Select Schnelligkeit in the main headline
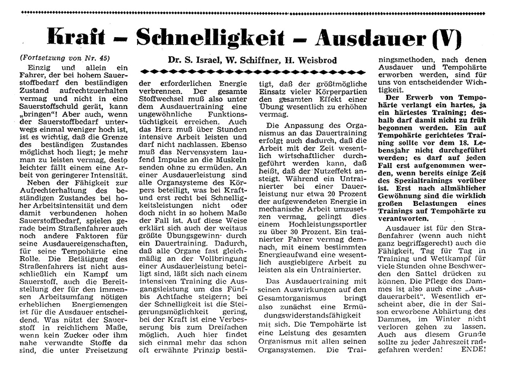[210, 37]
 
